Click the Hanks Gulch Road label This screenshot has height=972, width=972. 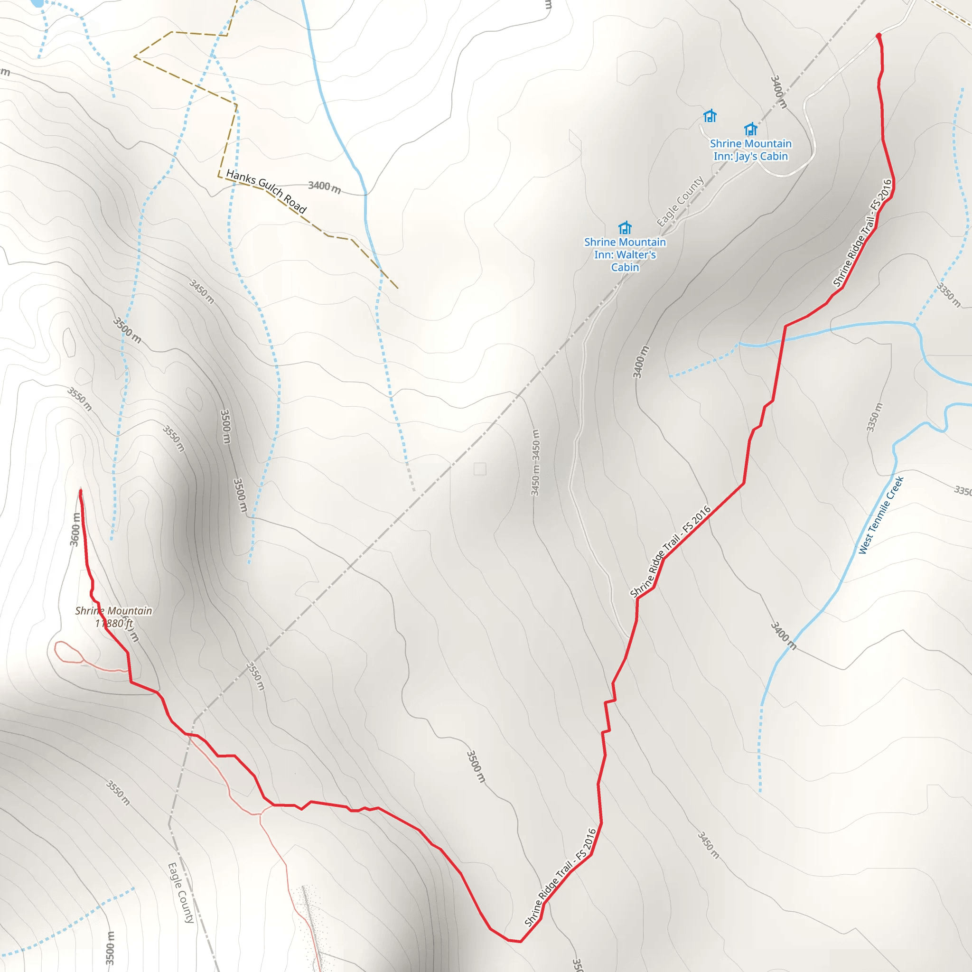tap(266, 191)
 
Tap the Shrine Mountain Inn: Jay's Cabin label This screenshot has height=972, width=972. tap(750, 150)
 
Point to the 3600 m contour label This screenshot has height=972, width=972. tap(75, 529)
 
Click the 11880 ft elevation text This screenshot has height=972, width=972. tap(115, 623)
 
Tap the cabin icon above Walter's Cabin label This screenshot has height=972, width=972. tap(625, 228)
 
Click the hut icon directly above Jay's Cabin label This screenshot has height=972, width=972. tap(751, 129)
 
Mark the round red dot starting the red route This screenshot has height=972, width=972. tap(879, 36)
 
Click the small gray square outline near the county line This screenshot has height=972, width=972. tap(480, 469)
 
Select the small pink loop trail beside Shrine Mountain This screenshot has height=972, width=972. tap(68, 652)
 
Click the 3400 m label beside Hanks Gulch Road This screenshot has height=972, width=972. tap(325, 187)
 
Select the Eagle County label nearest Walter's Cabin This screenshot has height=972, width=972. tap(680, 201)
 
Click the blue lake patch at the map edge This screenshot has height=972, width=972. tap(37, 3)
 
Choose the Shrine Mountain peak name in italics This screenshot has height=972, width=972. tap(113, 611)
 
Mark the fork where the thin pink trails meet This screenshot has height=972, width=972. tap(261, 813)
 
